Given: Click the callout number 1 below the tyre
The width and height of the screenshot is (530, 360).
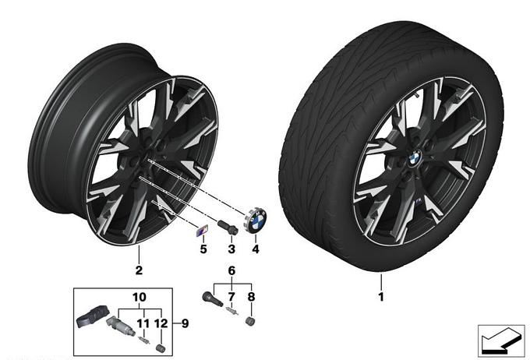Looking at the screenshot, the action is click(381, 297).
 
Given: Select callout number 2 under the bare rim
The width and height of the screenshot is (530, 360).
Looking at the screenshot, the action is click(139, 270).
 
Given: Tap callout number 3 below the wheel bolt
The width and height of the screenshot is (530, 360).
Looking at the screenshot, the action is click(231, 249).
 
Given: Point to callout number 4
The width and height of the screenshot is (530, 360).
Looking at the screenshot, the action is click(256, 249).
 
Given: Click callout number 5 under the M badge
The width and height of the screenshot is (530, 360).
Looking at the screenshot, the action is click(203, 249).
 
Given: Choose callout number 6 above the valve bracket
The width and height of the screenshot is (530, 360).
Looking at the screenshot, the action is click(231, 270).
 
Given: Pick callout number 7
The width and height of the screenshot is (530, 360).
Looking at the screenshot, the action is click(231, 297).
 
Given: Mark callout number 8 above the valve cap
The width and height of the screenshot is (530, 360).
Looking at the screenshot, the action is click(251, 297).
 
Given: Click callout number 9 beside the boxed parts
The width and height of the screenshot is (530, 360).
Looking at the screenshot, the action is click(185, 323).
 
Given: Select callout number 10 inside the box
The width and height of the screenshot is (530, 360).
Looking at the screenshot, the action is click(140, 297).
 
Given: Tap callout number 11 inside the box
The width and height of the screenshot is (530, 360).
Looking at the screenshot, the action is click(143, 323).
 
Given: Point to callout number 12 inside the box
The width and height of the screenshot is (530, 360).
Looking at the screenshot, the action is click(161, 323).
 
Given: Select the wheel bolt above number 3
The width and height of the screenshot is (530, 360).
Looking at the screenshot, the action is click(228, 227).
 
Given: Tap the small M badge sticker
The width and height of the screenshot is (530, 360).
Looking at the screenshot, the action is click(202, 231).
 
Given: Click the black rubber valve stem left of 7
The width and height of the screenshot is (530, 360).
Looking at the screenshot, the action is click(212, 298).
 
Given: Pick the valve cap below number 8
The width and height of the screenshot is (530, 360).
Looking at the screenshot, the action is click(250, 322).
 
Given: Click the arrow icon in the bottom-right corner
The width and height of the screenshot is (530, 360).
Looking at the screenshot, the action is click(501, 341).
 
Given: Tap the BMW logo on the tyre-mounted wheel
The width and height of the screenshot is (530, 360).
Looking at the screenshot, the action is click(414, 158).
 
